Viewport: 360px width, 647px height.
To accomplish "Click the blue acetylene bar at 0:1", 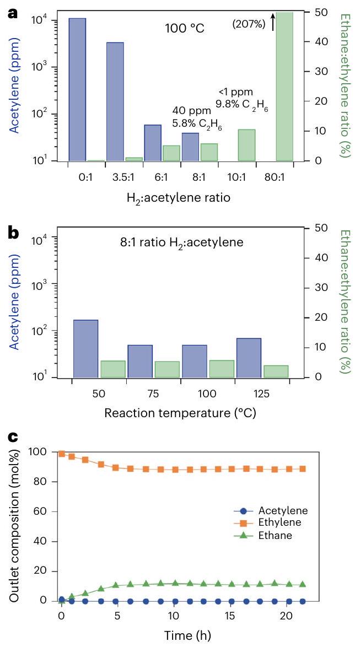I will (77, 89).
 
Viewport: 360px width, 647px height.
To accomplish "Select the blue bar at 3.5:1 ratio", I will (115, 101).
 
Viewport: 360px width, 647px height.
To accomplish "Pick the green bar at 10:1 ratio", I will (246, 145).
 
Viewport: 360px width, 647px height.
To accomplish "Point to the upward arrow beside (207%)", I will (272, 23).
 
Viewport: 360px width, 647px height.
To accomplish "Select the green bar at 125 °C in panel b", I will (276, 371).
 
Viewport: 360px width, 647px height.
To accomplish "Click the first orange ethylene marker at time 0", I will (62, 454).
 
